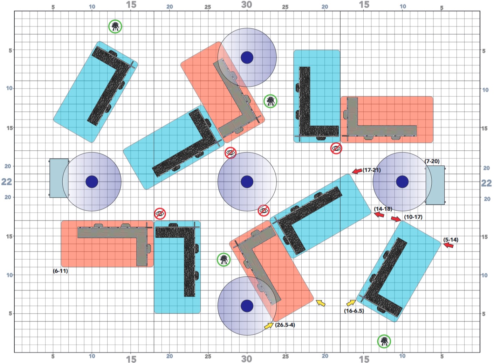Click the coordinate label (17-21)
pyautogui.click(x=372, y=170)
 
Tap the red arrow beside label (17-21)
pyautogui.click(x=357, y=171)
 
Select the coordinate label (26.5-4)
pyautogui.click(x=285, y=325)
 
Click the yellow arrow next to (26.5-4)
pyautogui.click(x=269, y=326)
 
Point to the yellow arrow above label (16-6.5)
pyautogui.click(x=351, y=303)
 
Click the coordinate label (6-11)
pyautogui.click(x=60, y=271)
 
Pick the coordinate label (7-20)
pyautogui.click(x=432, y=161)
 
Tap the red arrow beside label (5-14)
pyautogui.click(x=448, y=245)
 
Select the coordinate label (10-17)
pyautogui.click(x=413, y=217)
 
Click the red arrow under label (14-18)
pyautogui.click(x=379, y=214)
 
